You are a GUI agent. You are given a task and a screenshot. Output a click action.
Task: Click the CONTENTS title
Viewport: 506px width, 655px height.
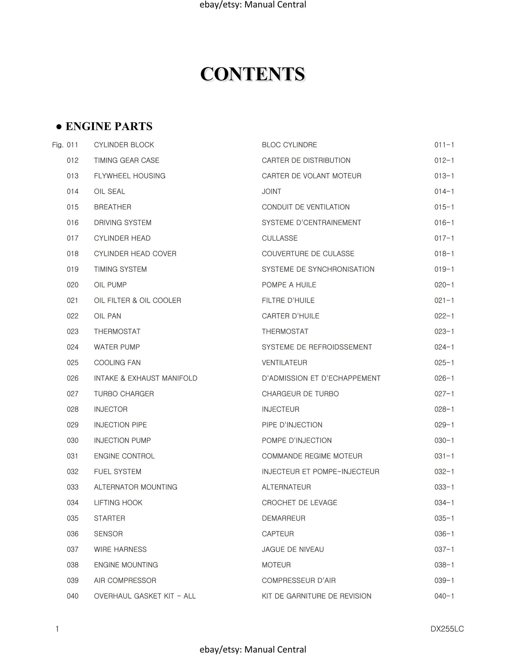pos(252,74)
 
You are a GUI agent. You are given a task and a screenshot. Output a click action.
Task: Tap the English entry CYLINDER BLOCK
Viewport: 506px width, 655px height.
pos(124,145)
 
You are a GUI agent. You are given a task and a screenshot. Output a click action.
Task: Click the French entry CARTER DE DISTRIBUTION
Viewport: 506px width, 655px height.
pos(306,160)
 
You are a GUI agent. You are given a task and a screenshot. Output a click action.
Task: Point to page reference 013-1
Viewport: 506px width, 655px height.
pos(444,176)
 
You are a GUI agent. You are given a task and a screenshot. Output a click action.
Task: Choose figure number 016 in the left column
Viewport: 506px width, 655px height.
pos(72,223)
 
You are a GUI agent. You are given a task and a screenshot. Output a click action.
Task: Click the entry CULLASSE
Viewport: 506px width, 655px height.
pos(279,238)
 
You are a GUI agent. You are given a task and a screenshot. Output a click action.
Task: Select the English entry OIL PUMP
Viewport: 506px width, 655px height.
pos(110,285)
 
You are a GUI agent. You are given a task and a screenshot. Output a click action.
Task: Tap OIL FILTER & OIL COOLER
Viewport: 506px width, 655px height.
pos(138,301)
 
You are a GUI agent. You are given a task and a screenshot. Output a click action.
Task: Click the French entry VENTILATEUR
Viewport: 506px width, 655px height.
pos(284,363)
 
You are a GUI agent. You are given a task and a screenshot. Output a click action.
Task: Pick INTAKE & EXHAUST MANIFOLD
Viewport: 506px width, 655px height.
pos(146,378)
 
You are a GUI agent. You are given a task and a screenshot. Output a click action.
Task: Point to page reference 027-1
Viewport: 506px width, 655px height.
pos(444,394)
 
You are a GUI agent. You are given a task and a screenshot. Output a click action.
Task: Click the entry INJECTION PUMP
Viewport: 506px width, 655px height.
pos(122,440)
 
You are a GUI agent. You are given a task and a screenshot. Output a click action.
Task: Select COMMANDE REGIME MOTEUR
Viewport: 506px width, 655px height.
pos(312,456)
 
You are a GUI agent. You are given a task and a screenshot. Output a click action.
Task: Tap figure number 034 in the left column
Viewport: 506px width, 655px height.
pos(72,503)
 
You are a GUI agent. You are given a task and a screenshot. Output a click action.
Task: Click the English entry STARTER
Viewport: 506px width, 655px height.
pos(110,518)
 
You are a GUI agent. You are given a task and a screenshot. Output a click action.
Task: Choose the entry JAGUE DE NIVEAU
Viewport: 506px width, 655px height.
pos(293,549)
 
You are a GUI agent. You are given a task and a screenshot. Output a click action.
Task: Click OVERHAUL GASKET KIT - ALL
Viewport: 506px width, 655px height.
pos(145,596)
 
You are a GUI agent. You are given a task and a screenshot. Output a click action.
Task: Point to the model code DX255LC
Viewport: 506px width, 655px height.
pos(447,629)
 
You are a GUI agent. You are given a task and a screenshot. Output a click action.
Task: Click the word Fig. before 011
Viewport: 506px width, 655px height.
pos(57,145)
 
